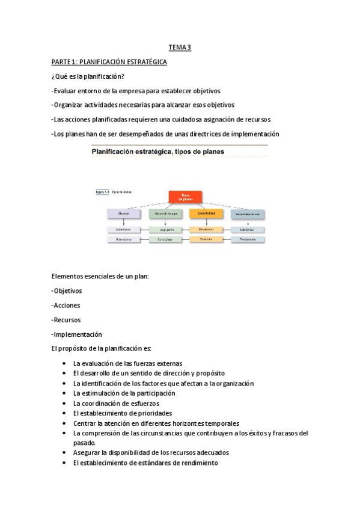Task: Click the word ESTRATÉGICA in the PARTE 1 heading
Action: click(x=144, y=62)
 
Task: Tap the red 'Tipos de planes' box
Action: click(x=185, y=197)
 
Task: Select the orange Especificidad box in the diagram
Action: click(x=206, y=214)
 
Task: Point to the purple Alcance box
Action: click(x=124, y=214)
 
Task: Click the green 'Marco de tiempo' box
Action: click(x=165, y=214)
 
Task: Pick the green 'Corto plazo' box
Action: click(x=165, y=239)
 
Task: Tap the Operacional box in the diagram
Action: click(x=124, y=239)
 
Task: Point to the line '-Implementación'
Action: click(x=77, y=334)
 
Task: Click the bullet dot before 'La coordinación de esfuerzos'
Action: click(x=64, y=404)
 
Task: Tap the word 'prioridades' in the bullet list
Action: click(x=154, y=413)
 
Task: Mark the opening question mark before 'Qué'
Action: click(x=53, y=76)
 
